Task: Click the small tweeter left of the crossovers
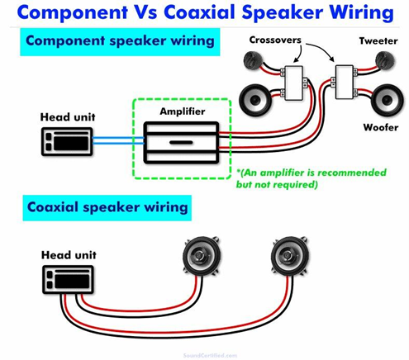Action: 253,60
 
